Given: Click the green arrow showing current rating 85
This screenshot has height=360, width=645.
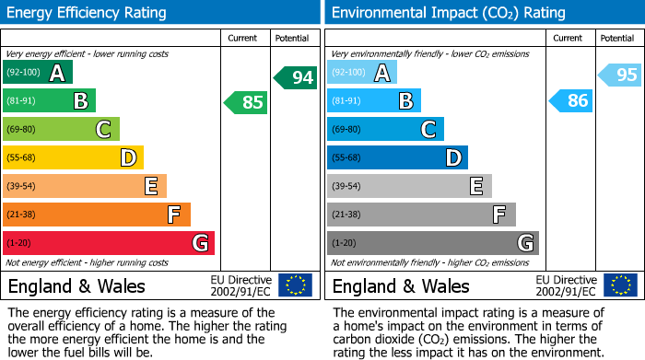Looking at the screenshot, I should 247,102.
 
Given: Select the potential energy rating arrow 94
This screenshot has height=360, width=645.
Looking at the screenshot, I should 296,77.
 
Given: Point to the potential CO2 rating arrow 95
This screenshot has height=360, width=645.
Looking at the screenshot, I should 620,75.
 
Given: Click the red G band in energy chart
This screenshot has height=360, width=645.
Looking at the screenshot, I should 109,243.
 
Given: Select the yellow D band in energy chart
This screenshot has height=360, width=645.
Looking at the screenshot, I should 73,157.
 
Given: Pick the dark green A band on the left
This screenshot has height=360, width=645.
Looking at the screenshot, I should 38,73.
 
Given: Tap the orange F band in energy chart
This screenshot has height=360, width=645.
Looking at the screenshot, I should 97,215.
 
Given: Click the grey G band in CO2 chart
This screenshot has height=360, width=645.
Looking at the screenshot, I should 432,243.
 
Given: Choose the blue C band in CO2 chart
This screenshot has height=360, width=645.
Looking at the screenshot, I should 385,130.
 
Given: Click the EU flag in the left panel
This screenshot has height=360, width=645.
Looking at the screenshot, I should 295,285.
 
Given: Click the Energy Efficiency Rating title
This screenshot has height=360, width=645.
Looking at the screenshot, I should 88,13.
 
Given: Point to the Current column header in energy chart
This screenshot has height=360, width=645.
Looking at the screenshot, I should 244,38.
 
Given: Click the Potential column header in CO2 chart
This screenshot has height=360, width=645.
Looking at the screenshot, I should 616,38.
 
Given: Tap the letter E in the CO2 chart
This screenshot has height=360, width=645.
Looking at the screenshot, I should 475,186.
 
